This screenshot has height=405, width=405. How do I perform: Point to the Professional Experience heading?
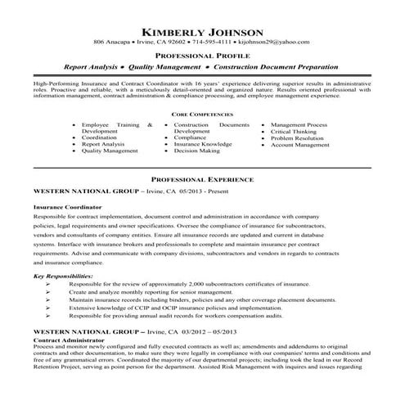[x=202, y=178]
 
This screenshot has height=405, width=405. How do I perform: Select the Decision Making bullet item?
[x=197, y=151]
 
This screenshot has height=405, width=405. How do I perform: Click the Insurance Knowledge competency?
[x=205, y=145]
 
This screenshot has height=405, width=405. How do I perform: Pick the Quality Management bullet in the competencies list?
[x=110, y=151]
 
